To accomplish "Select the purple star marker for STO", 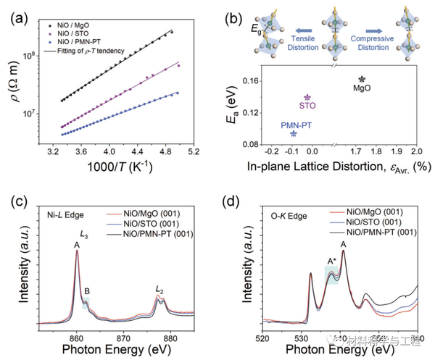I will (x=307, y=97).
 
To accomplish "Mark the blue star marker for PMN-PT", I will (x=293, y=133).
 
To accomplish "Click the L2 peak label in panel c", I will (x=159, y=290).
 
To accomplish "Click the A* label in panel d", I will (x=331, y=261).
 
